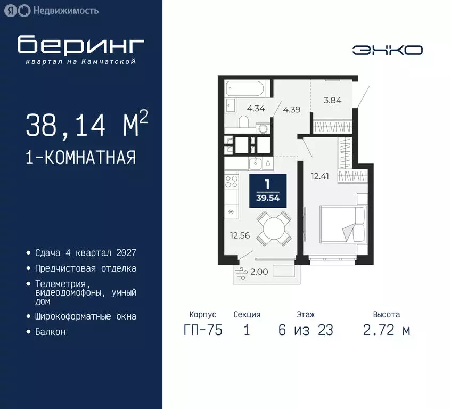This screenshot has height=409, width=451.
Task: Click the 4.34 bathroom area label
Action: click(256, 109)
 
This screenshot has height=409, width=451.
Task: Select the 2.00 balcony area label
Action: click(259, 272)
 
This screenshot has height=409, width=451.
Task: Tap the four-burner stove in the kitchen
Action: click(232, 181)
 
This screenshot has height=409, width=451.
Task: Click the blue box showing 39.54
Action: click(268, 191)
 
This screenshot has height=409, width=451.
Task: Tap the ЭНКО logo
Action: click(387, 50)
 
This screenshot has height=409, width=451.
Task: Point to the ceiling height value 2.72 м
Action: click(387, 330)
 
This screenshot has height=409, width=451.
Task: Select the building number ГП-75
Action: click(202, 330)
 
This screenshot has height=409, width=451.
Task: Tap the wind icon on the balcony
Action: click(241, 271)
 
